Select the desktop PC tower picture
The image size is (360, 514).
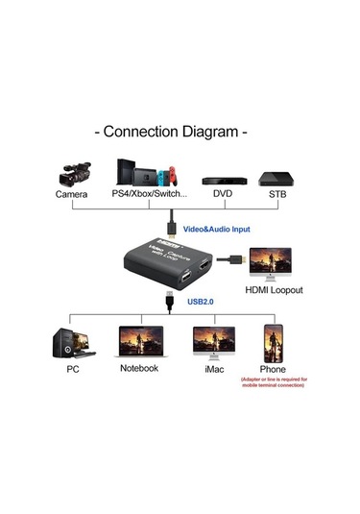pyautogui.click(x=68, y=341)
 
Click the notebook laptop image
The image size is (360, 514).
pyautogui.click(x=138, y=342)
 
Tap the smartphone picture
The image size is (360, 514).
pyautogui.click(x=274, y=342)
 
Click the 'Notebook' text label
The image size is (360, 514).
pyautogui.click(x=138, y=367)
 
